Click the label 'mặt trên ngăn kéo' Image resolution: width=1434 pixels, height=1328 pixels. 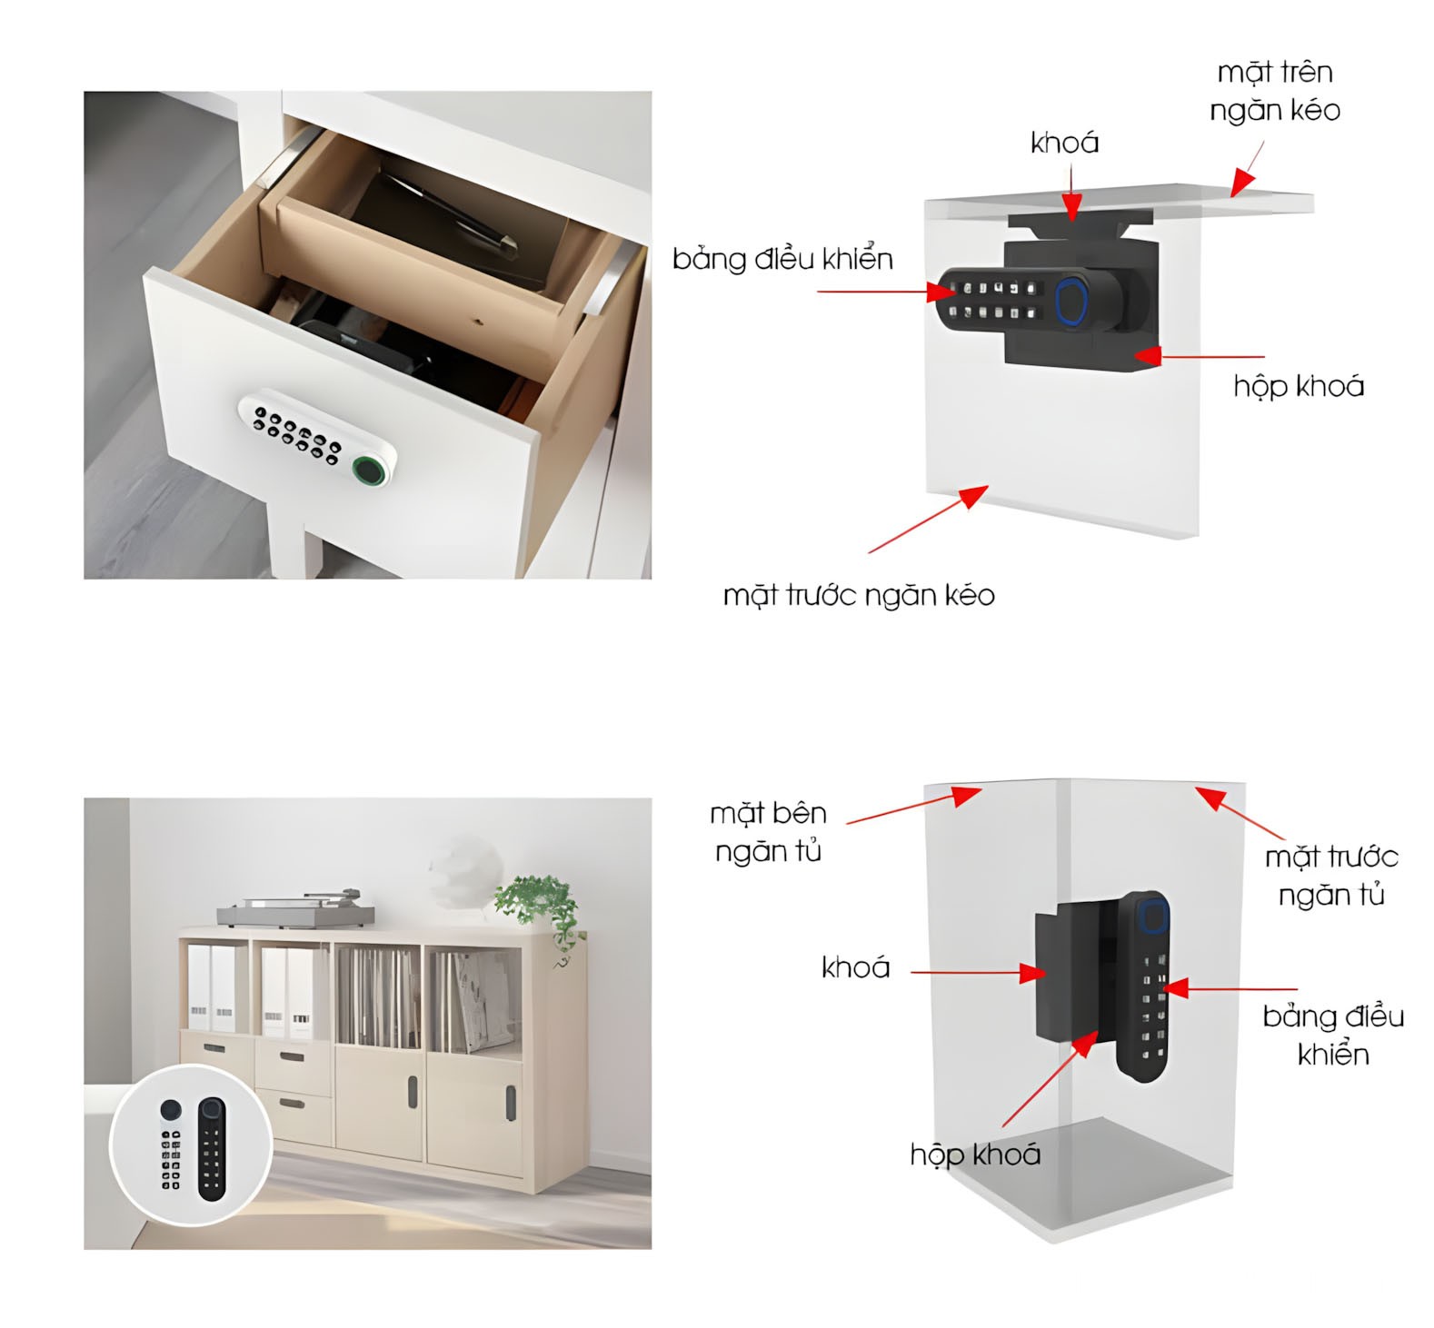click(x=1274, y=91)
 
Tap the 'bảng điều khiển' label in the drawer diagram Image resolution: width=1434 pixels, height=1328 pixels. click(x=782, y=260)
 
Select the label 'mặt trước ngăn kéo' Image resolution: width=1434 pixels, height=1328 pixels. click(x=859, y=595)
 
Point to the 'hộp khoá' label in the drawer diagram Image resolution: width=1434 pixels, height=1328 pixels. click(x=1299, y=386)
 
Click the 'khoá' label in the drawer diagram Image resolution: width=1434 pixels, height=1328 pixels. click(x=1064, y=142)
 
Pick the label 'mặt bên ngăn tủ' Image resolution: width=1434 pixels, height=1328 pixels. click(x=768, y=832)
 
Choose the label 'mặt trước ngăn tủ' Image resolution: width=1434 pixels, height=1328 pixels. click(x=1331, y=876)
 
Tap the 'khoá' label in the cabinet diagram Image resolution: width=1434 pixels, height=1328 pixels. click(x=855, y=966)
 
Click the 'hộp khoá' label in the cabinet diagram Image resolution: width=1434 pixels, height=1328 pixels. click(x=975, y=1155)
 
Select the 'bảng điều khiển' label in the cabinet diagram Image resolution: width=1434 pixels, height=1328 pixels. click(x=1333, y=1035)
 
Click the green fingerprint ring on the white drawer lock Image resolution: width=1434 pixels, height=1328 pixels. click(x=369, y=470)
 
